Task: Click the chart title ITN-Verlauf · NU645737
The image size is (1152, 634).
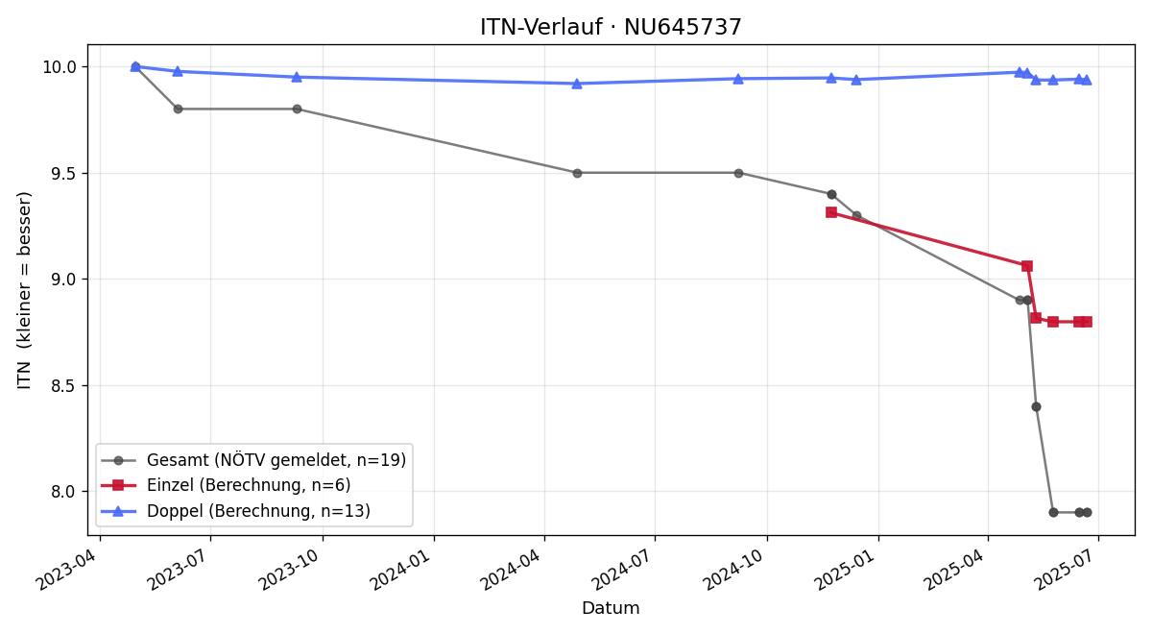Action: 611,27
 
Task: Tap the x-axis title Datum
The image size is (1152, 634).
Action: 611,608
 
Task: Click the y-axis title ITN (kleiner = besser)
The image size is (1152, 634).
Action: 24,290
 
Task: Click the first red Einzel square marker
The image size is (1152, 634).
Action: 831,212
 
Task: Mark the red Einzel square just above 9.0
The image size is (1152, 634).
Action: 1027,266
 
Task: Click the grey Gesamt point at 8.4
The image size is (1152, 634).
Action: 1036,407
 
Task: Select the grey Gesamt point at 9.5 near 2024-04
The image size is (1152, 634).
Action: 577,174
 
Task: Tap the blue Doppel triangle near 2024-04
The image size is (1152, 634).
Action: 577,84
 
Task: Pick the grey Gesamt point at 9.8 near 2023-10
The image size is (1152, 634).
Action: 297,110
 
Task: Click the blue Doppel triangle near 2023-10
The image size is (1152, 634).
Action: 297,77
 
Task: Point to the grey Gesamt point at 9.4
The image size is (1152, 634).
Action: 831,194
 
